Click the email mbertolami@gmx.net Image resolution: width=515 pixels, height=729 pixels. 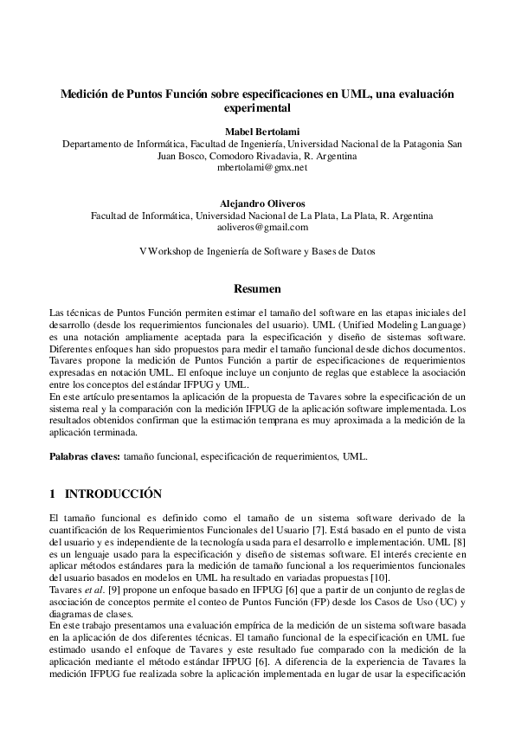(256, 167)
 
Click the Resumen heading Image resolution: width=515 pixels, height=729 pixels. (256, 287)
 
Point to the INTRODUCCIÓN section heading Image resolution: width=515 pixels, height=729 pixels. (114, 494)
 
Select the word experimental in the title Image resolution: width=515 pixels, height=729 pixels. (256, 109)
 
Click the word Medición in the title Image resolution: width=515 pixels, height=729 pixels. (86, 94)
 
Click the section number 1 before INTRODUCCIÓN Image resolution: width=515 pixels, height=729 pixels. (53, 494)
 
